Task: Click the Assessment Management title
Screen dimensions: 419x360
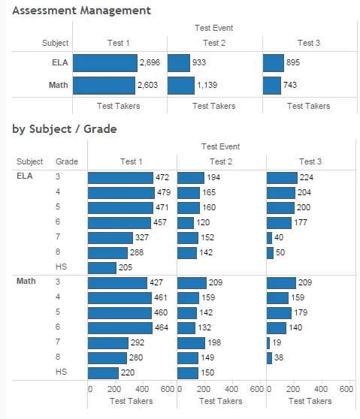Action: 81,11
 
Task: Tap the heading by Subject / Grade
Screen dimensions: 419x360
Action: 65,128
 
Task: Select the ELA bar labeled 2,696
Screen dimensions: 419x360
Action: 105,63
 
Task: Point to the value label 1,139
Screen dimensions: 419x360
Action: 207,86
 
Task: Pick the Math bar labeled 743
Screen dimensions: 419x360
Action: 272,86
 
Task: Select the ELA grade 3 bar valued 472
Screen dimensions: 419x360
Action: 119,178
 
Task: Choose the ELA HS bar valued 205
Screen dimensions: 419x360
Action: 102,267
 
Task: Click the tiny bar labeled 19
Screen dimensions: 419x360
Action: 268,342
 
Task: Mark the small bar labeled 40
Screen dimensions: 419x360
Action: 269,238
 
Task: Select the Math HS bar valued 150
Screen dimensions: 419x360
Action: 188,372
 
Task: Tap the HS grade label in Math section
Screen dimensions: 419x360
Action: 61,372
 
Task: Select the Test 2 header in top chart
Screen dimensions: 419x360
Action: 214,43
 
